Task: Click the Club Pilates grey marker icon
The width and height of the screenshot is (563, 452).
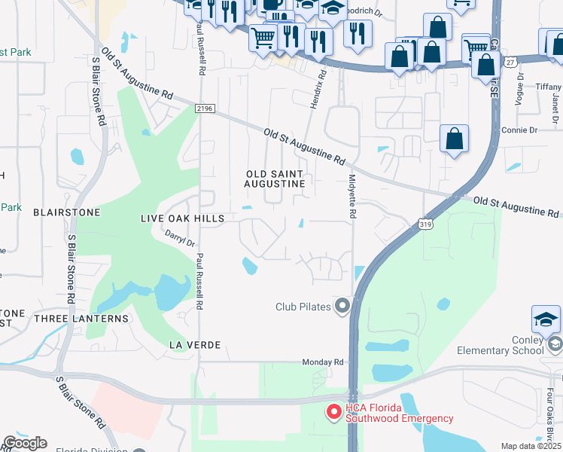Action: (343, 306)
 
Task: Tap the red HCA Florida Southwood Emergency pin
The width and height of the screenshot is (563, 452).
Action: (332, 412)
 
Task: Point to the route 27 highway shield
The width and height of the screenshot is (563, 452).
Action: (511, 63)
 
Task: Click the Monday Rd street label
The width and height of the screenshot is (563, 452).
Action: (323, 362)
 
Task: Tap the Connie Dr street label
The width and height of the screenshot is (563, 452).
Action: (519, 130)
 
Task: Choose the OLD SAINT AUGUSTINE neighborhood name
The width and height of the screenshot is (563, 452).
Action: (275, 179)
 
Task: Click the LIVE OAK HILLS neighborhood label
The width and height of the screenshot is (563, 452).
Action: (182, 218)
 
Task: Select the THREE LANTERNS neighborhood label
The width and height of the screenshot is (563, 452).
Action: (81, 319)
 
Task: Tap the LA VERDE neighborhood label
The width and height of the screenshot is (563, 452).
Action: (194, 345)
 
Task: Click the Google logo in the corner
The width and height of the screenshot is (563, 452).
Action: (24, 442)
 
